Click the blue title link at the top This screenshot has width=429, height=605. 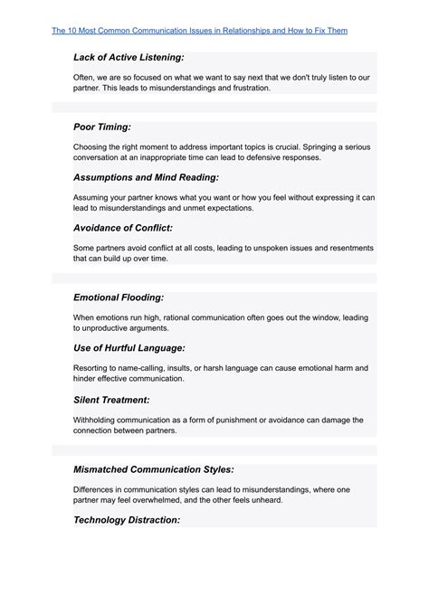(x=199, y=31)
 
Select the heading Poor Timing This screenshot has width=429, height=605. (x=105, y=127)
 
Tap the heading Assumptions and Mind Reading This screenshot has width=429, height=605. (x=146, y=177)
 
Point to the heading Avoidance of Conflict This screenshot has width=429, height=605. (x=122, y=227)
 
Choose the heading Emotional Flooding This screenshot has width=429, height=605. (x=119, y=297)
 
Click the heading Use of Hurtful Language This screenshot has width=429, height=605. (x=129, y=347)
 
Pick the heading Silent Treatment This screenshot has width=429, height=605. (x=111, y=399)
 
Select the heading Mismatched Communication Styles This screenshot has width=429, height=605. (x=154, y=469)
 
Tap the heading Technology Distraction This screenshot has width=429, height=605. (x=127, y=520)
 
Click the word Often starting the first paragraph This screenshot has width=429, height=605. (x=85, y=78)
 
